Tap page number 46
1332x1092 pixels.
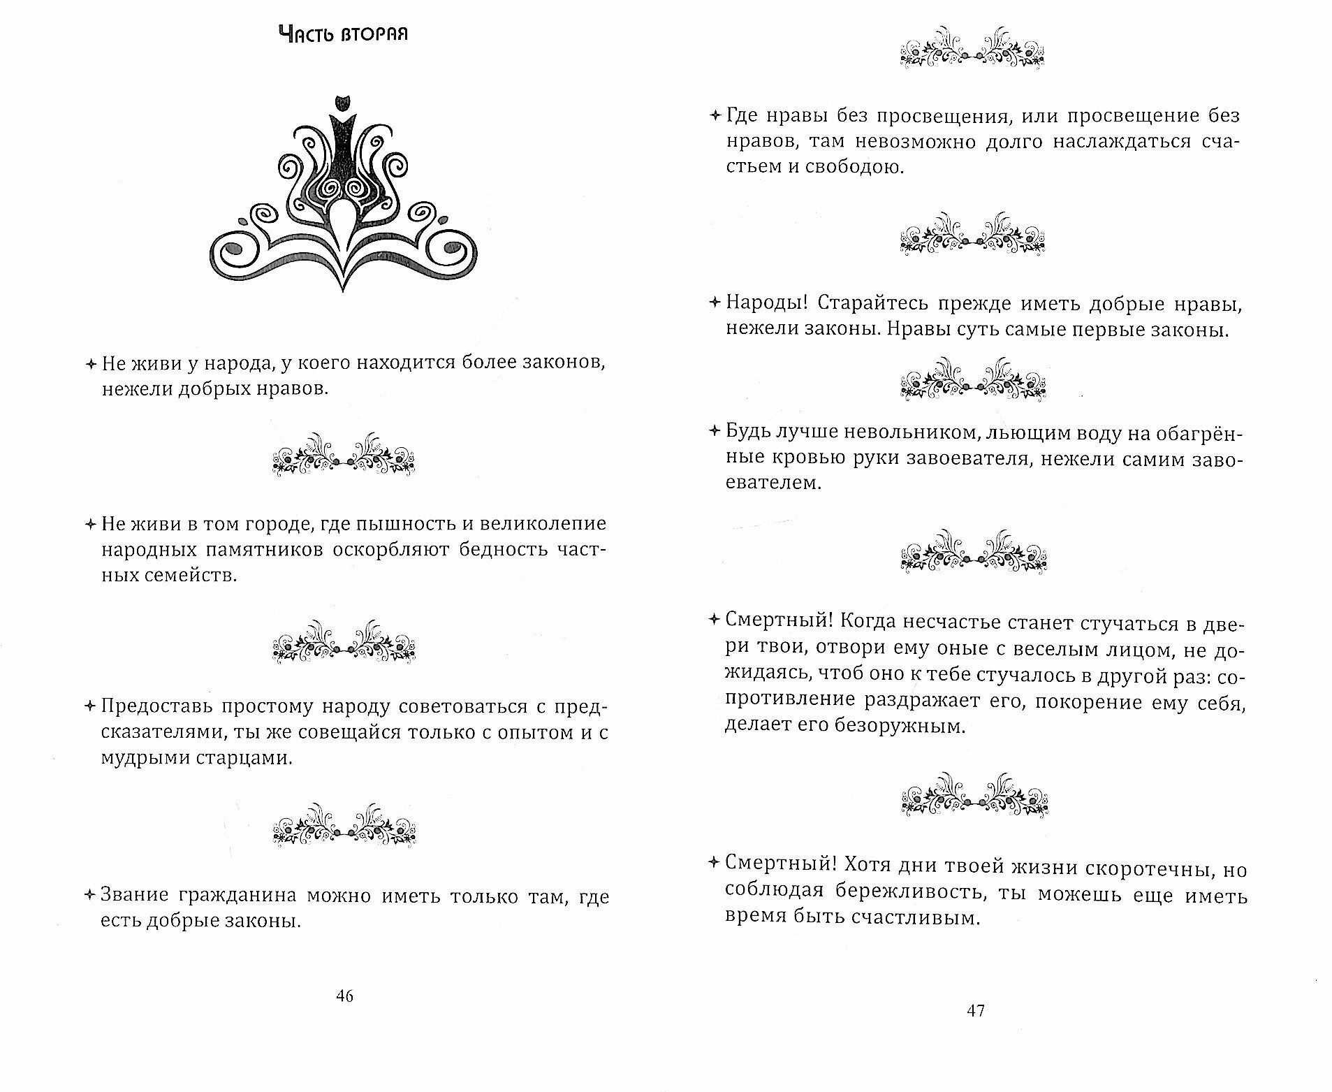(x=345, y=997)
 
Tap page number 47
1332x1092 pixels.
(x=975, y=1010)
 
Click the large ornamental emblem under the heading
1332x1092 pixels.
(x=343, y=192)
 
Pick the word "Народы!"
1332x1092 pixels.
(x=766, y=304)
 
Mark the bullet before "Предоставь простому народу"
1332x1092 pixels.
(x=89, y=706)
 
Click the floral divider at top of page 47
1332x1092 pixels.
(x=974, y=48)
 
